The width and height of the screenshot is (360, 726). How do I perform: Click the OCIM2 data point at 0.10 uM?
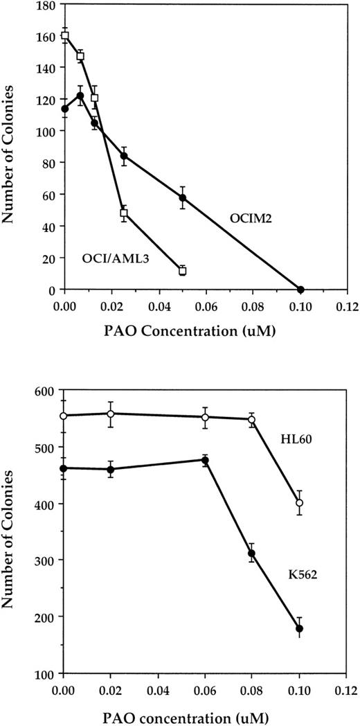point(300,289)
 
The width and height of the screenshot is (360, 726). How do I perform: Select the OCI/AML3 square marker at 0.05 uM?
point(182,271)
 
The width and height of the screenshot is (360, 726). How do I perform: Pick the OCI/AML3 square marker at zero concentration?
point(65,35)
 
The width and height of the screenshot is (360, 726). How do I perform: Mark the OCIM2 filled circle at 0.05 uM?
point(183,197)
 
